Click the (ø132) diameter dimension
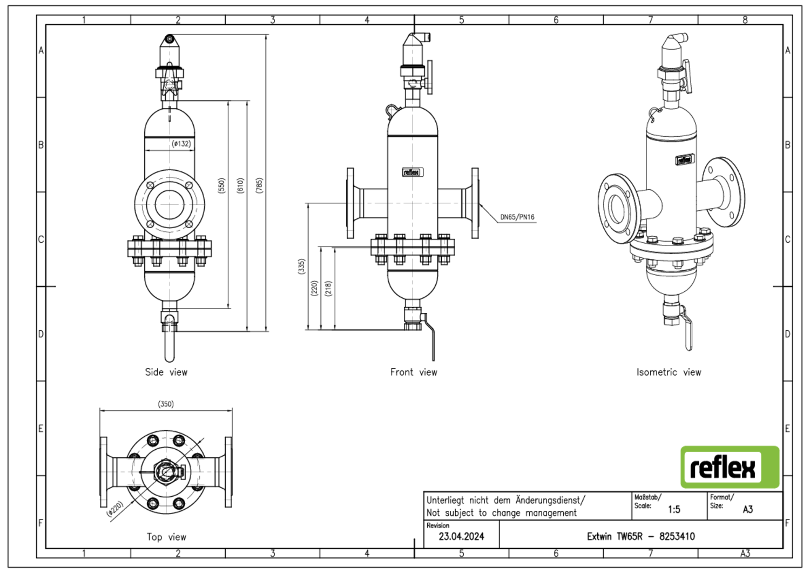coord(181,144)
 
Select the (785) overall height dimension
coord(260,185)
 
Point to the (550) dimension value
coord(221,185)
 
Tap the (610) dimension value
coord(240,185)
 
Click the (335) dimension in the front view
coord(301,266)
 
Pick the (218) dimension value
coord(328,289)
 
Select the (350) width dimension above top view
coord(166,404)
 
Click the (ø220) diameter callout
coord(116,509)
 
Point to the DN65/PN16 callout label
coord(517,217)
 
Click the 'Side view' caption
coord(166,372)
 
